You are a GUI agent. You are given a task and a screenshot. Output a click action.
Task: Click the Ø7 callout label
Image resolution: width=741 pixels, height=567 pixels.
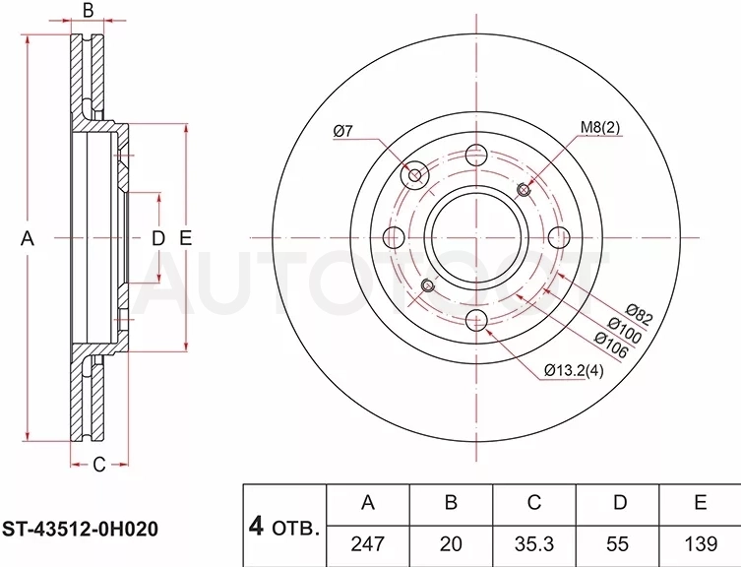pyautogui.click(x=342, y=131)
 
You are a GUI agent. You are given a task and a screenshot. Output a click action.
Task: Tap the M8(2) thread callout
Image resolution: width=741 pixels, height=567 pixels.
pyautogui.click(x=599, y=127)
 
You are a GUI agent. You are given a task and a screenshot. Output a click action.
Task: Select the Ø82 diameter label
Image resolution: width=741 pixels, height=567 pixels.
pyautogui.click(x=639, y=314)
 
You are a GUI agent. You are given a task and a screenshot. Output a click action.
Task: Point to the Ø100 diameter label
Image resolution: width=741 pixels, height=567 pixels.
pyautogui.click(x=624, y=329)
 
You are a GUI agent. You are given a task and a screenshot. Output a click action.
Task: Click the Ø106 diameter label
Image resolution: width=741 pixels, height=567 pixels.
pyautogui.click(x=611, y=345)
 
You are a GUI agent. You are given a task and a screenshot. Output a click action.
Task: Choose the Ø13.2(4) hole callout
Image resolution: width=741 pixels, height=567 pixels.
pyautogui.click(x=574, y=370)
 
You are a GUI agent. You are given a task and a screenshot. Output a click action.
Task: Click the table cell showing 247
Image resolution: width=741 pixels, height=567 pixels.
pyautogui.click(x=368, y=543)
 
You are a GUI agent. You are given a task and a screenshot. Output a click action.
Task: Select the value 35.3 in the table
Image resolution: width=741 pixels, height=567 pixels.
pyautogui.click(x=534, y=543)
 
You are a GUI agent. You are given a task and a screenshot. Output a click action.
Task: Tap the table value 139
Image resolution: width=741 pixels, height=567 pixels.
pyautogui.click(x=701, y=543)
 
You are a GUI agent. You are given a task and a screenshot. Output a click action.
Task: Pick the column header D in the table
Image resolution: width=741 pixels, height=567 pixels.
pyautogui.click(x=619, y=503)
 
